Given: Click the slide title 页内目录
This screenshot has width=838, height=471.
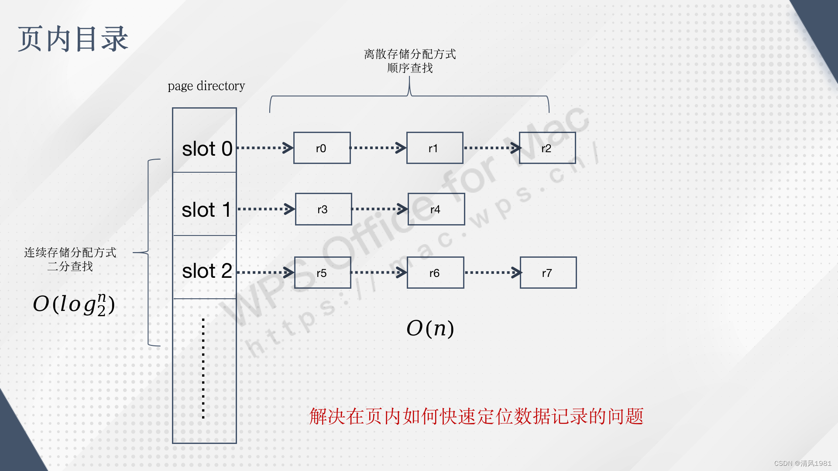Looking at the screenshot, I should [x=73, y=39].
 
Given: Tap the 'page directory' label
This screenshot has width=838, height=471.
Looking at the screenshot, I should [x=206, y=86].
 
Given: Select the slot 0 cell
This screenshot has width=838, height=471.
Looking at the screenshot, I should [x=205, y=141].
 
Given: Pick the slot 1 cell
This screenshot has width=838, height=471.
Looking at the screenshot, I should [x=205, y=204].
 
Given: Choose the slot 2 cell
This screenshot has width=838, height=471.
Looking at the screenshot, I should [x=205, y=267].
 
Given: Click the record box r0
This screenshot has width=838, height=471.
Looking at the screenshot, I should [x=322, y=148].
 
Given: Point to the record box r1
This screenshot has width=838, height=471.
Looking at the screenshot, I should [x=434, y=148].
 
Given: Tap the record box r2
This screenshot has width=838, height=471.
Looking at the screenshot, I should [x=547, y=148].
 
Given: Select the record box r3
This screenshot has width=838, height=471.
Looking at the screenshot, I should [x=323, y=209].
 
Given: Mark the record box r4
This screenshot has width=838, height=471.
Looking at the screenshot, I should [x=436, y=209].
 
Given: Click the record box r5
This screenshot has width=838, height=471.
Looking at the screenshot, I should [x=323, y=273].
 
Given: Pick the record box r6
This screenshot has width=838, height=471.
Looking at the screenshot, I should [x=435, y=273].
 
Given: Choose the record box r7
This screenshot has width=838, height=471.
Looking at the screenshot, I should [x=548, y=273].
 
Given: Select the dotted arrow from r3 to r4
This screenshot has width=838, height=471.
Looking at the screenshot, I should [x=379, y=209].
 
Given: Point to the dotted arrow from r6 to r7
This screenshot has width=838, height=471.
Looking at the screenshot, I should [x=492, y=273].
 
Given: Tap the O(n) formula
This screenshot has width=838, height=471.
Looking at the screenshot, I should [x=430, y=328].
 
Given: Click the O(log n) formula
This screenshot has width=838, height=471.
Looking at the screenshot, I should [x=74, y=304].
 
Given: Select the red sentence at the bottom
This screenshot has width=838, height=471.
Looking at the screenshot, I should [x=476, y=416].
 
